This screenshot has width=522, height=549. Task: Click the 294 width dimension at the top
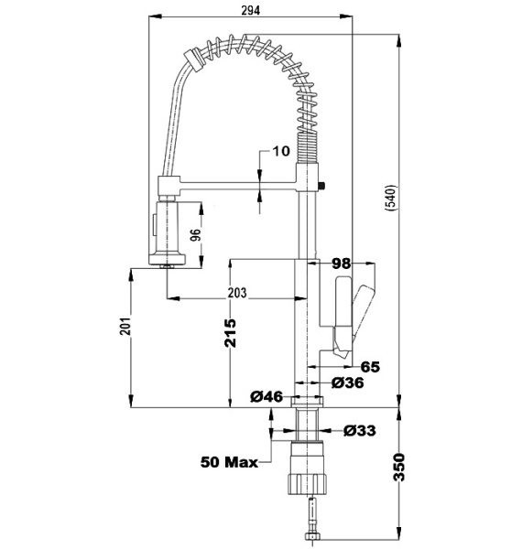(x=251, y=10)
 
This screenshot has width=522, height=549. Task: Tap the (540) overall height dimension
(x=390, y=197)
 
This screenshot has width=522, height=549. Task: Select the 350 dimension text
(x=399, y=467)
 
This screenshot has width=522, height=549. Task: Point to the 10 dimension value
(x=281, y=151)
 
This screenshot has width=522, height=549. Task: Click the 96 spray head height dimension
(x=195, y=235)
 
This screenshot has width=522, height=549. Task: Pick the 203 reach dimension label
(x=237, y=293)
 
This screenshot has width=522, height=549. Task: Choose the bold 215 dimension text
(x=230, y=333)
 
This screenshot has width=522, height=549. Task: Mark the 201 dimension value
(x=125, y=327)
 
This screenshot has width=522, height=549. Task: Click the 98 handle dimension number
(x=341, y=264)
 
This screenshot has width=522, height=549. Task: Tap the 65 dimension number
(x=370, y=367)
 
